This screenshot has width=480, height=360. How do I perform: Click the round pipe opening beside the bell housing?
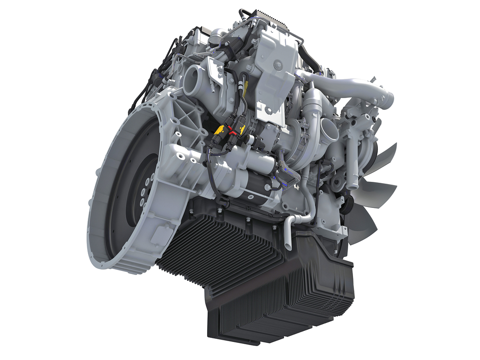(192, 79)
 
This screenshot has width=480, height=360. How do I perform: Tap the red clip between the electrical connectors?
(231, 131)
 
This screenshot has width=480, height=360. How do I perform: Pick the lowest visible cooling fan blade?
(362, 225)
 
